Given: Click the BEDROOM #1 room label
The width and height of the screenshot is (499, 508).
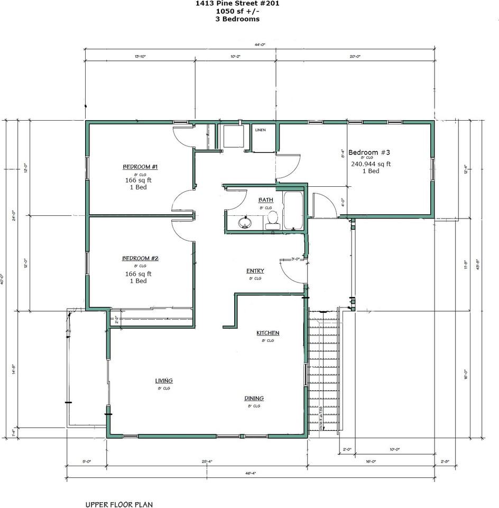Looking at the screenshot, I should click(x=140, y=167).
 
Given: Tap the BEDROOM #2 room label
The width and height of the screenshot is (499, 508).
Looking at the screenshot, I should click(x=140, y=258).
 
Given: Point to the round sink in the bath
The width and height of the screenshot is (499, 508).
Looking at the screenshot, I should click(x=245, y=222).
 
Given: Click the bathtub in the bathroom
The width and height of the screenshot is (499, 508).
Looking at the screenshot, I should click(x=292, y=211).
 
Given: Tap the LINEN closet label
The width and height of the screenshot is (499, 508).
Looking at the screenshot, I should click(x=260, y=130).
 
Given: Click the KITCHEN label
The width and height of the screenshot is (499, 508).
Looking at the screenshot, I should click(x=267, y=333).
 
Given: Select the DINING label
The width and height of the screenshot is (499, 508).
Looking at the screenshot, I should click(x=254, y=398).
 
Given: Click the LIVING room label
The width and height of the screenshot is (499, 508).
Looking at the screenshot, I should click(x=164, y=380).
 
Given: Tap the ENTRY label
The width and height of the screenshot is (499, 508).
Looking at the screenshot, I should click(x=255, y=271).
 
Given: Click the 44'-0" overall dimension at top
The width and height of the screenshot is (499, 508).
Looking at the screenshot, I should click(x=259, y=45).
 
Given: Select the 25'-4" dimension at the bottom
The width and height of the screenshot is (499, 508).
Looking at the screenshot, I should click(x=207, y=461).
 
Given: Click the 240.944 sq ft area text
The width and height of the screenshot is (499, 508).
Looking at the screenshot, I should click(x=371, y=164).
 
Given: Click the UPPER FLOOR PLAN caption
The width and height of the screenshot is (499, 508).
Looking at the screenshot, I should click(x=119, y=505).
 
